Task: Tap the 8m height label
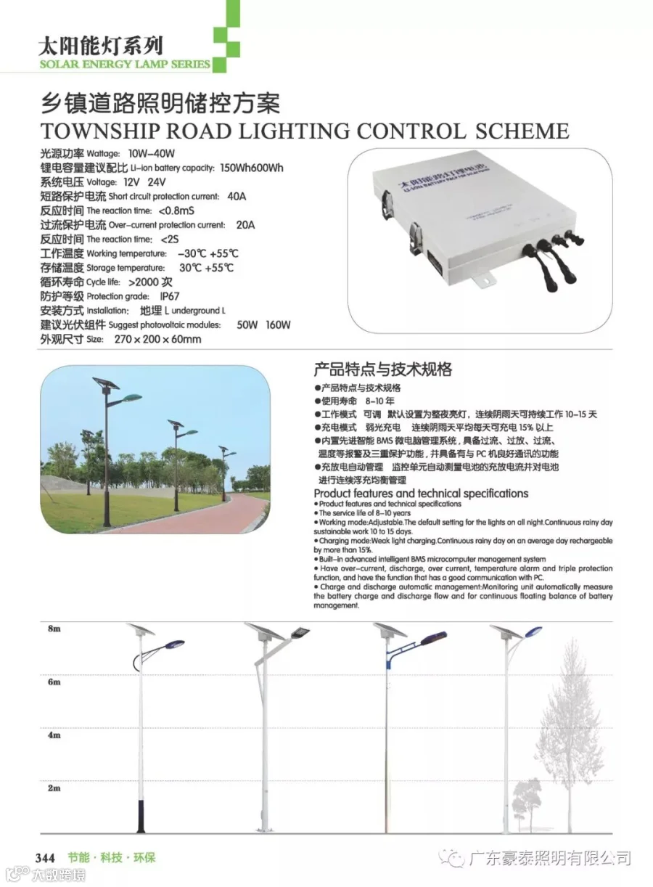click(x=53, y=629)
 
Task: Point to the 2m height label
click(x=53, y=788)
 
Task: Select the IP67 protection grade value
click(x=169, y=296)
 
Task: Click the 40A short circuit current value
click(x=237, y=196)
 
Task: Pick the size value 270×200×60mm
click(x=157, y=339)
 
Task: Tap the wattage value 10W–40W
click(x=152, y=154)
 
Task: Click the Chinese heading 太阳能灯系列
click(x=101, y=47)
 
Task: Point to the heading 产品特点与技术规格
click(x=382, y=369)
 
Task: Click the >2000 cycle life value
click(x=154, y=282)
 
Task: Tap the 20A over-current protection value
click(x=246, y=225)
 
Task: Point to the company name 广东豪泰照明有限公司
click(x=549, y=859)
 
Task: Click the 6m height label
click(x=53, y=682)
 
